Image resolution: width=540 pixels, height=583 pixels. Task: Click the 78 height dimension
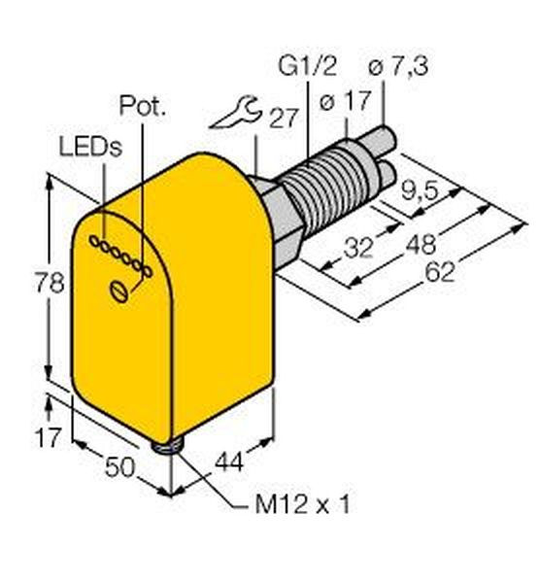pyautogui.click(x=50, y=282)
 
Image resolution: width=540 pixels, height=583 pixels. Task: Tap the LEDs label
pyautogui.click(x=90, y=148)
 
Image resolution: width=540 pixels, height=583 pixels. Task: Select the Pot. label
pyautogui.click(x=142, y=106)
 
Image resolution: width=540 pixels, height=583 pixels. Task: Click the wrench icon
pyautogui.click(x=236, y=112)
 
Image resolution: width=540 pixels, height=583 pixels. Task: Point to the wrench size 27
pyautogui.click(x=284, y=119)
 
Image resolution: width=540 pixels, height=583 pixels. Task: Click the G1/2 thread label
pyautogui.click(x=307, y=66)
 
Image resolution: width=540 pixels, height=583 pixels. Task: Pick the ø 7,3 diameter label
pyautogui.click(x=398, y=67)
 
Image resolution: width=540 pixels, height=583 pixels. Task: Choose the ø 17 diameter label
pyautogui.click(x=345, y=100)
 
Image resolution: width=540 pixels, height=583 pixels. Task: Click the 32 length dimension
pyautogui.click(x=357, y=248)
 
